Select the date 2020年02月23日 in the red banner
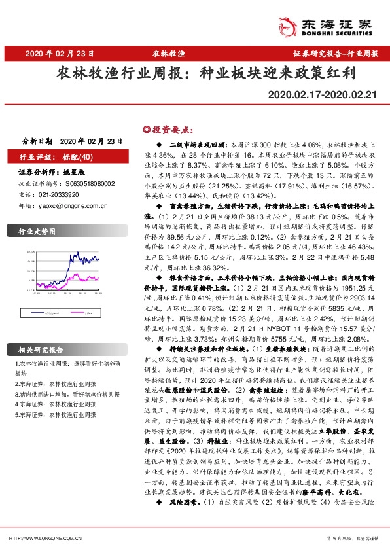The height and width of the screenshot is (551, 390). click(x=54, y=53)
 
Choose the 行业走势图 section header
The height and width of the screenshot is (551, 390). click(x=35, y=231)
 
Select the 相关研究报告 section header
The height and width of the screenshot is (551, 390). click(x=39, y=350)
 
